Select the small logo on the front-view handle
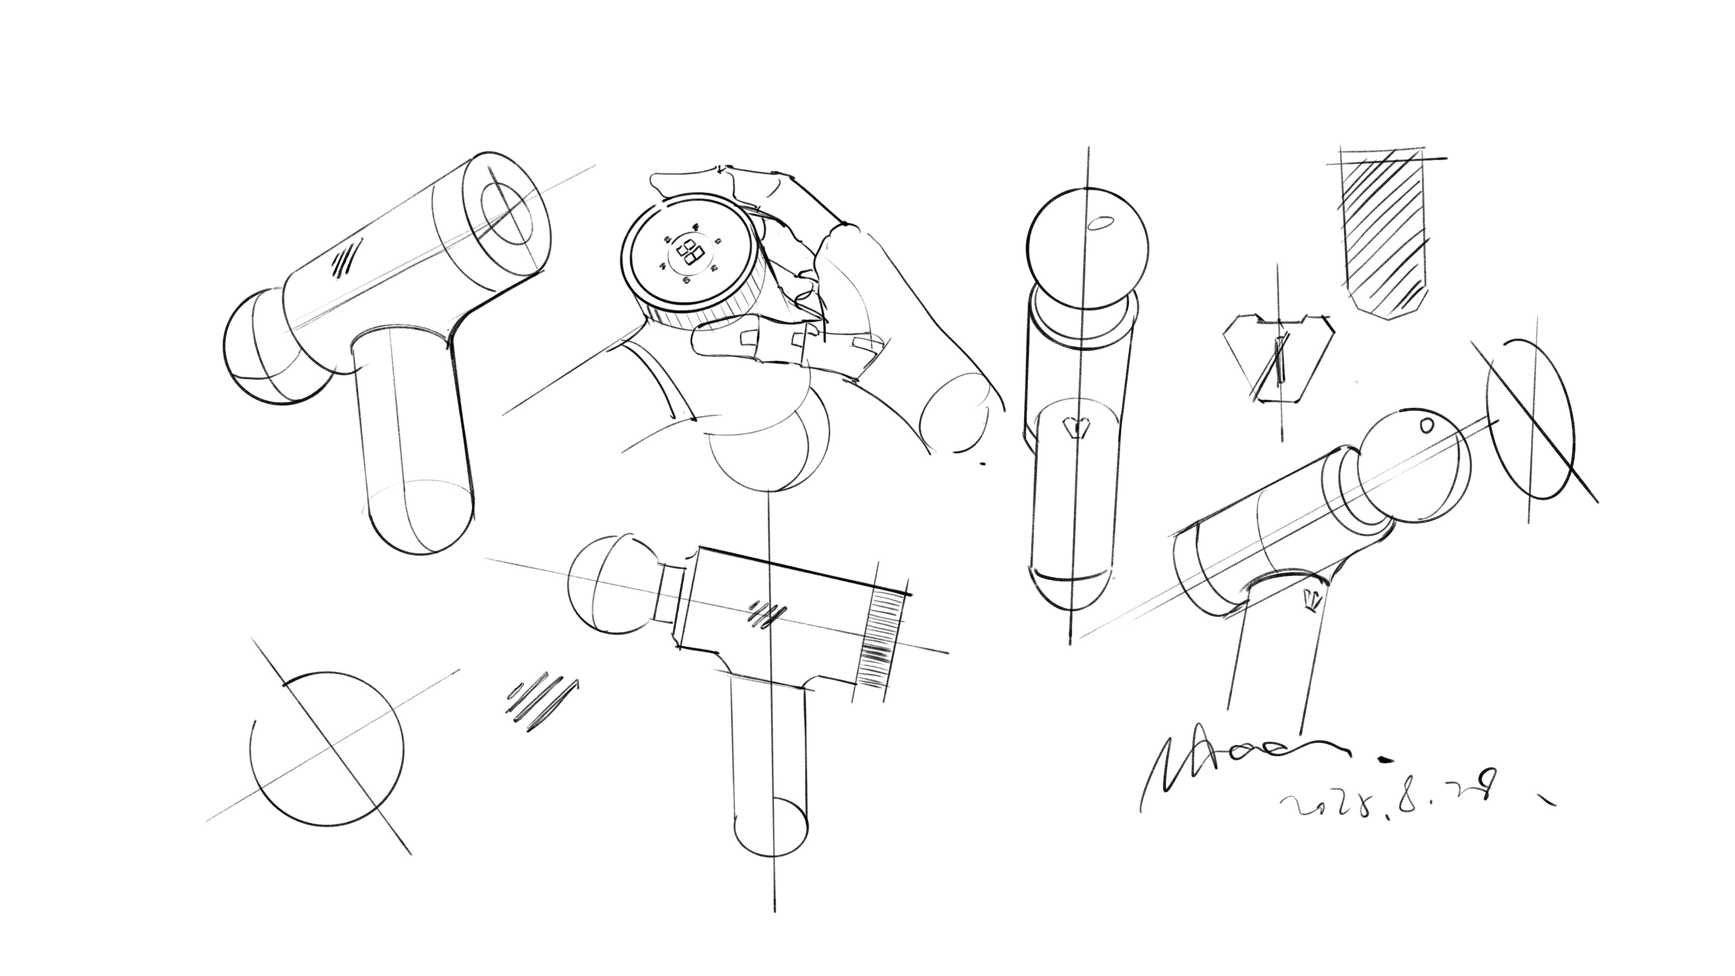click(x=1074, y=426)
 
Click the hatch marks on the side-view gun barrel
click(x=768, y=613)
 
